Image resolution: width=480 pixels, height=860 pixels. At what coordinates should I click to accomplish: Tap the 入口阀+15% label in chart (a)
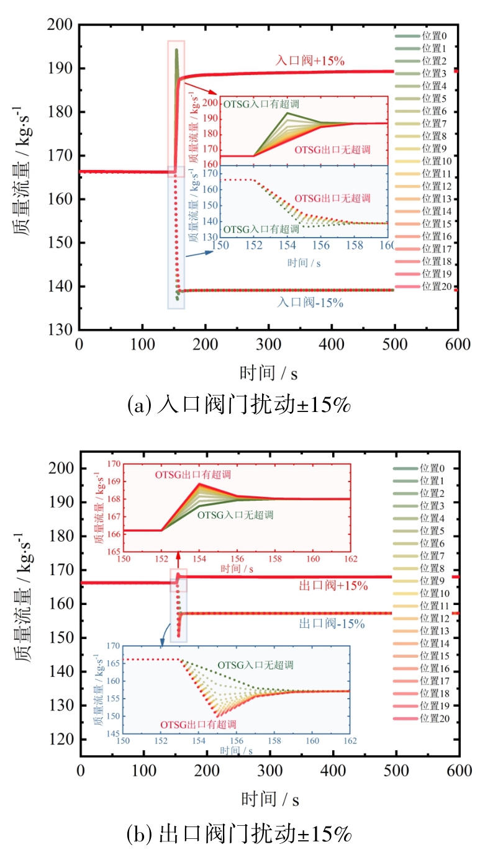point(310,61)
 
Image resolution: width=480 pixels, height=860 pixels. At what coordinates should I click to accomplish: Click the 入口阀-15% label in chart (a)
point(310,303)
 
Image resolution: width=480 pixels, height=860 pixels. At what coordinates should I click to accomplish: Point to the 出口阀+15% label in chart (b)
point(333,585)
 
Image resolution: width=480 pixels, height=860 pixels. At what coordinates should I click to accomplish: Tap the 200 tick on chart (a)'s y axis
point(61,25)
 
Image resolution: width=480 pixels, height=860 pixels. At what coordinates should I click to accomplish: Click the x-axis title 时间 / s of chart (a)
point(268,372)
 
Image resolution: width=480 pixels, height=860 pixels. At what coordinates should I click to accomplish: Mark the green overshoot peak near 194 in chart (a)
point(176,50)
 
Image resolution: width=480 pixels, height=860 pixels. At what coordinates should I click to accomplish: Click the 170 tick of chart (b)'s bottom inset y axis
point(115,646)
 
